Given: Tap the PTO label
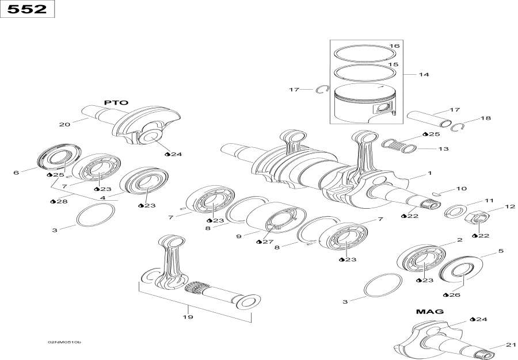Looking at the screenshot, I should pos(116,102).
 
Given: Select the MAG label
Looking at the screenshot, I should pos(429,311).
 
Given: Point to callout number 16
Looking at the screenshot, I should pos(394,46).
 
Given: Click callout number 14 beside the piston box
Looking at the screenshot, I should pos(424,75).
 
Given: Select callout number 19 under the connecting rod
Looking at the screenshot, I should pos(188,316).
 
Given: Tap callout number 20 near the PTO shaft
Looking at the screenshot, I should pos(64,124).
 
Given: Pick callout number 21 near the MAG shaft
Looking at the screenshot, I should pos(511,345).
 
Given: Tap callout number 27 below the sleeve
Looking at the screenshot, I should pos(267,242).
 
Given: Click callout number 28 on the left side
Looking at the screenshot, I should pos(61,201).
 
